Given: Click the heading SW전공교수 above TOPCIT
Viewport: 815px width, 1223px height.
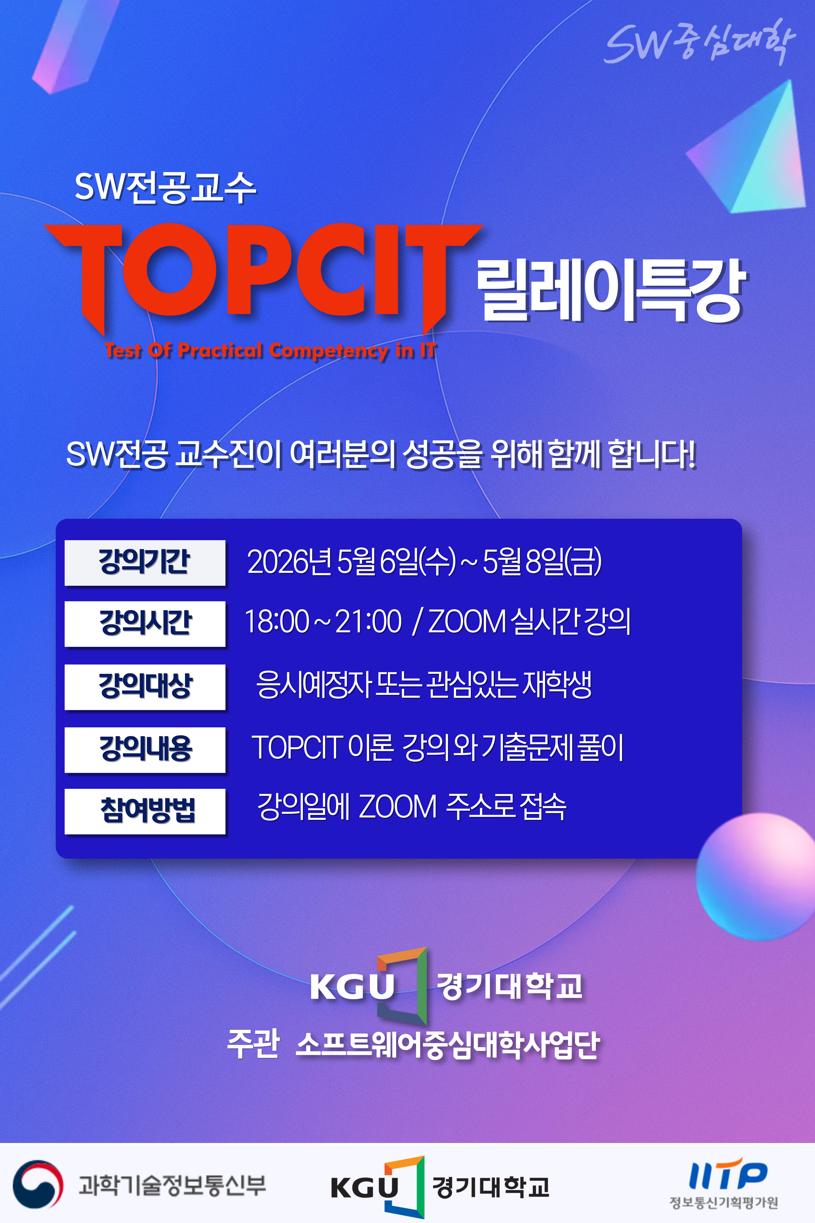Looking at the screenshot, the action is click(165, 187).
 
